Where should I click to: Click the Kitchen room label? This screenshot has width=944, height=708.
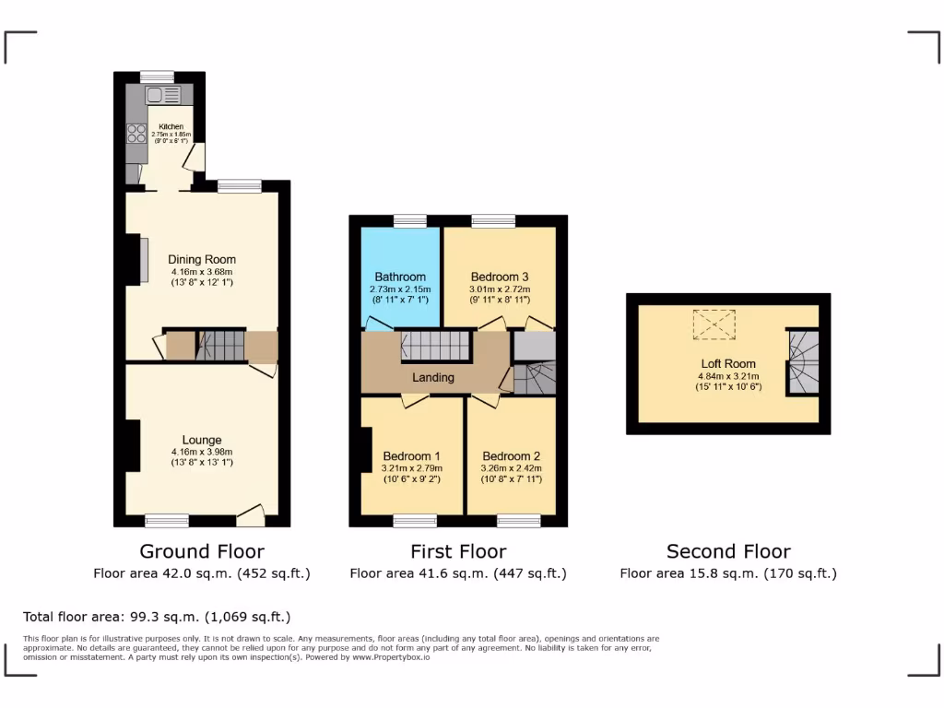pyautogui.click(x=171, y=126)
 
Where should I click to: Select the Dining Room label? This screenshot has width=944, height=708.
pyautogui.click(x=202, y=259)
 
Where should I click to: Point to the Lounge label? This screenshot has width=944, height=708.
pyautogui.click(x=202, y=440)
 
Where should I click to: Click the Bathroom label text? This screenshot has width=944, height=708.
pyautogui.click(x=400, y=277)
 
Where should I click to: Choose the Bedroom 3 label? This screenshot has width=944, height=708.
pyautogui.click(x=500, y=277)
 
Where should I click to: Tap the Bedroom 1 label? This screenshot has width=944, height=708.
pyautogui.click(x=411, y=456)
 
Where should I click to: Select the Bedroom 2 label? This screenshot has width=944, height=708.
pyautogui.click(x=511, y=456)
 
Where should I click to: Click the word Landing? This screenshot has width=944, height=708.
pyautogui.click(x=432, y=377)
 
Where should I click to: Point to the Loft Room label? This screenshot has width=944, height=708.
pyautogui.click(x=727, y=364)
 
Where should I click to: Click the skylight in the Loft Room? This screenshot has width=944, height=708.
pyautogui.click(x=714, y=324)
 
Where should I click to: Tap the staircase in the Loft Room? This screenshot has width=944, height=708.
pyautogui.click(x=802, y=362)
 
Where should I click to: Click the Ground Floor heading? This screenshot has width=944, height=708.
pyautogui.click(x=202, y=551)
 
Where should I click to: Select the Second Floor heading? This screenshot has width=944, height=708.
pyautogui.click(x=728, y=551)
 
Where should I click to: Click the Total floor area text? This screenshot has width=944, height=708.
pyautogui.click(x=157, y=617)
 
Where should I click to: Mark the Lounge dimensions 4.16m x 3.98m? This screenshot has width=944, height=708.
pyautogui.click(x=202, y=452)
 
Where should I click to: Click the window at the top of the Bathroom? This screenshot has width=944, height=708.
pyautogui.click(x=409, y=220)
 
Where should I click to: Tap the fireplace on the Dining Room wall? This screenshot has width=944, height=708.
pyautogui.click(x=143, y=261)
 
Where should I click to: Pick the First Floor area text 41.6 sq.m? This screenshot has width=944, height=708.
pyautogui.click(x=458, y=573)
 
